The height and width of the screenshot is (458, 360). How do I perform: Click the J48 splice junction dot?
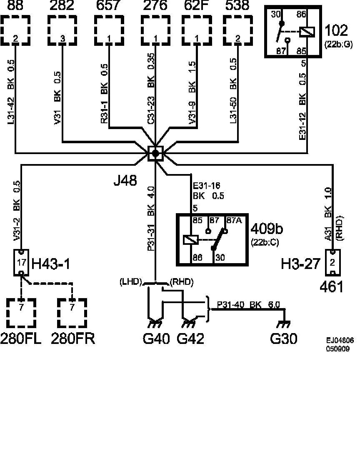coord(155,153)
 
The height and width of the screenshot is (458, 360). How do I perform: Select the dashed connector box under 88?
coord(15,30)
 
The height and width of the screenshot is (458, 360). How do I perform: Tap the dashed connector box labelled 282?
coord(62,30)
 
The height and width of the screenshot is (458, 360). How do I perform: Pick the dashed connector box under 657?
coord(109,30)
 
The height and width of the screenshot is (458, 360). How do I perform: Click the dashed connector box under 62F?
coord(196,30)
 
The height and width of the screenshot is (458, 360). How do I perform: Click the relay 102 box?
coord(293,32)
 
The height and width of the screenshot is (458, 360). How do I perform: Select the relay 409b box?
coord(212,239)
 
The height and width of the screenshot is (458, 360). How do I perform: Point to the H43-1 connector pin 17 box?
coord(21,262)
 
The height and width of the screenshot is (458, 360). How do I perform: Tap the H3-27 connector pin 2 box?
coord(332,262)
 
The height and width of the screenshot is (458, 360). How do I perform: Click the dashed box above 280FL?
coord(21,314)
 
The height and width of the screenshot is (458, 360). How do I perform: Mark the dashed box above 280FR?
coord(72,314)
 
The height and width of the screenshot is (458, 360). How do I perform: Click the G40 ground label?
coord(156,339)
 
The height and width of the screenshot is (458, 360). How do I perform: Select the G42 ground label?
coord(191,339)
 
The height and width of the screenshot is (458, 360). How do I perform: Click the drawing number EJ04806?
coord(340,340)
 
